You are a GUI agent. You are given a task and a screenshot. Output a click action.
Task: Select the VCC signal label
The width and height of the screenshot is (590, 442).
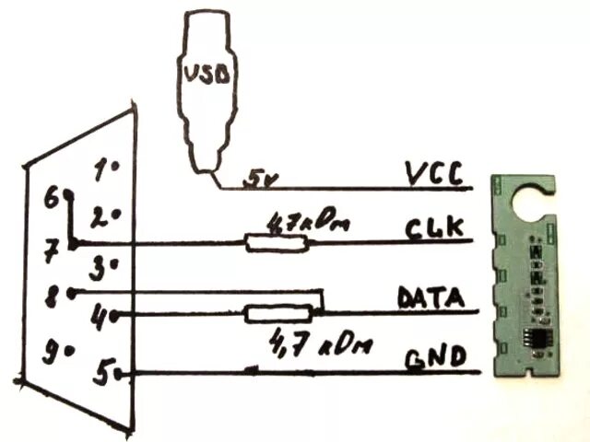pyautogui.click(x=432, y=174)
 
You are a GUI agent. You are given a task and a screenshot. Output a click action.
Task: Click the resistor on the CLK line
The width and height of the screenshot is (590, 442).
pyautogui.click(x=276, y=243)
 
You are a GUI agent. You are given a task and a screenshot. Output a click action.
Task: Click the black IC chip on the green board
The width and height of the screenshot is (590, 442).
pyautogui.click(x=536, y=338)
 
